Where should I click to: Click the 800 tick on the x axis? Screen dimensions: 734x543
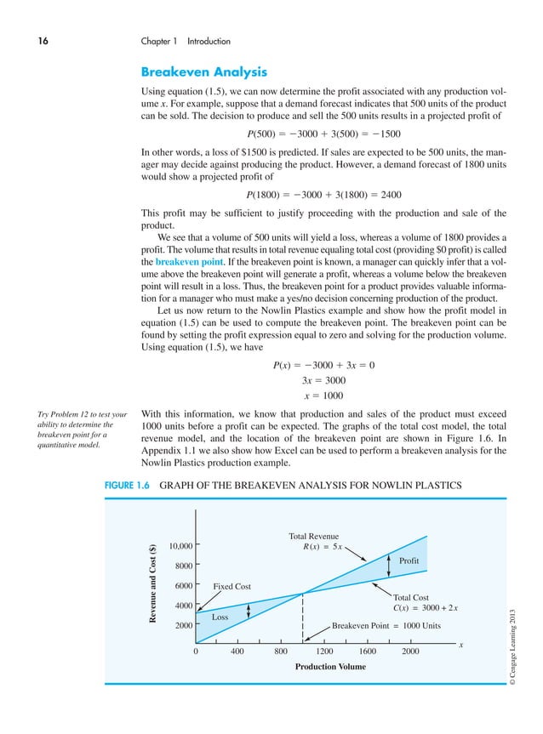(281, 652)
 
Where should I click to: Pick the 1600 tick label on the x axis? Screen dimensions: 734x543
(368, 652)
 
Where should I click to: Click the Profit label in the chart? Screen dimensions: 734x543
(409, 562)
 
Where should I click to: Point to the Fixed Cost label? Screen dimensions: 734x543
(234, 586)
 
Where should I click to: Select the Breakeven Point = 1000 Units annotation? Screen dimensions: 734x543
(386, 624)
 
